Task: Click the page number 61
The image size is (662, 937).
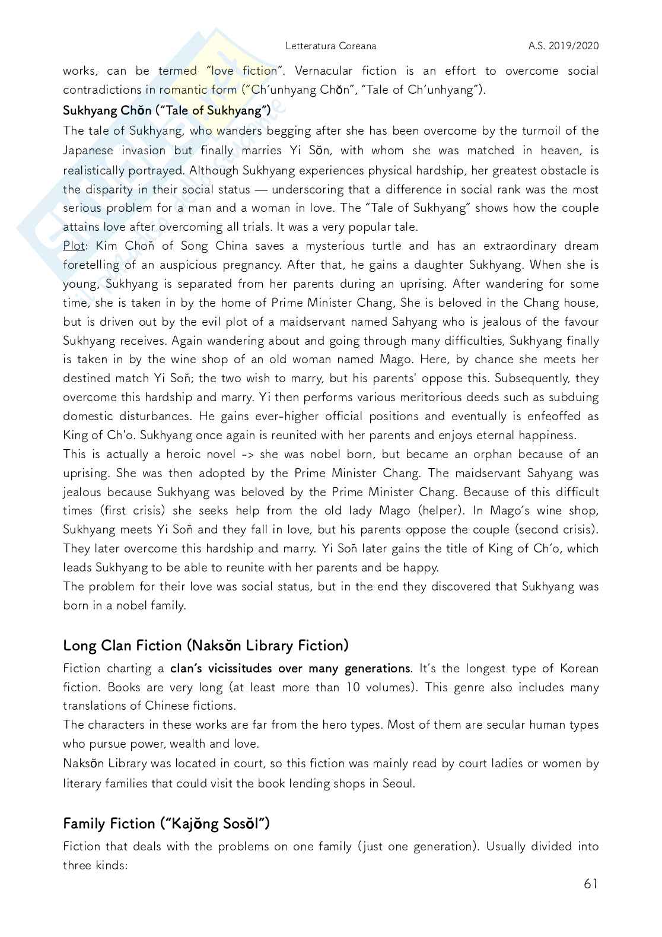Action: point(590,884)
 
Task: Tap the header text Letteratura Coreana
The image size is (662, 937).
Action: point(330,46)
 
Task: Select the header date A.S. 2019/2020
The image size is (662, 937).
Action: point(564,46)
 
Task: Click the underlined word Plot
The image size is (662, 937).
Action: point(74,246)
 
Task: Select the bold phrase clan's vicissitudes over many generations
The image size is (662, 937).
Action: point(289,668)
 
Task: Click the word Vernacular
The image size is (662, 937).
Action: point(323,71)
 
